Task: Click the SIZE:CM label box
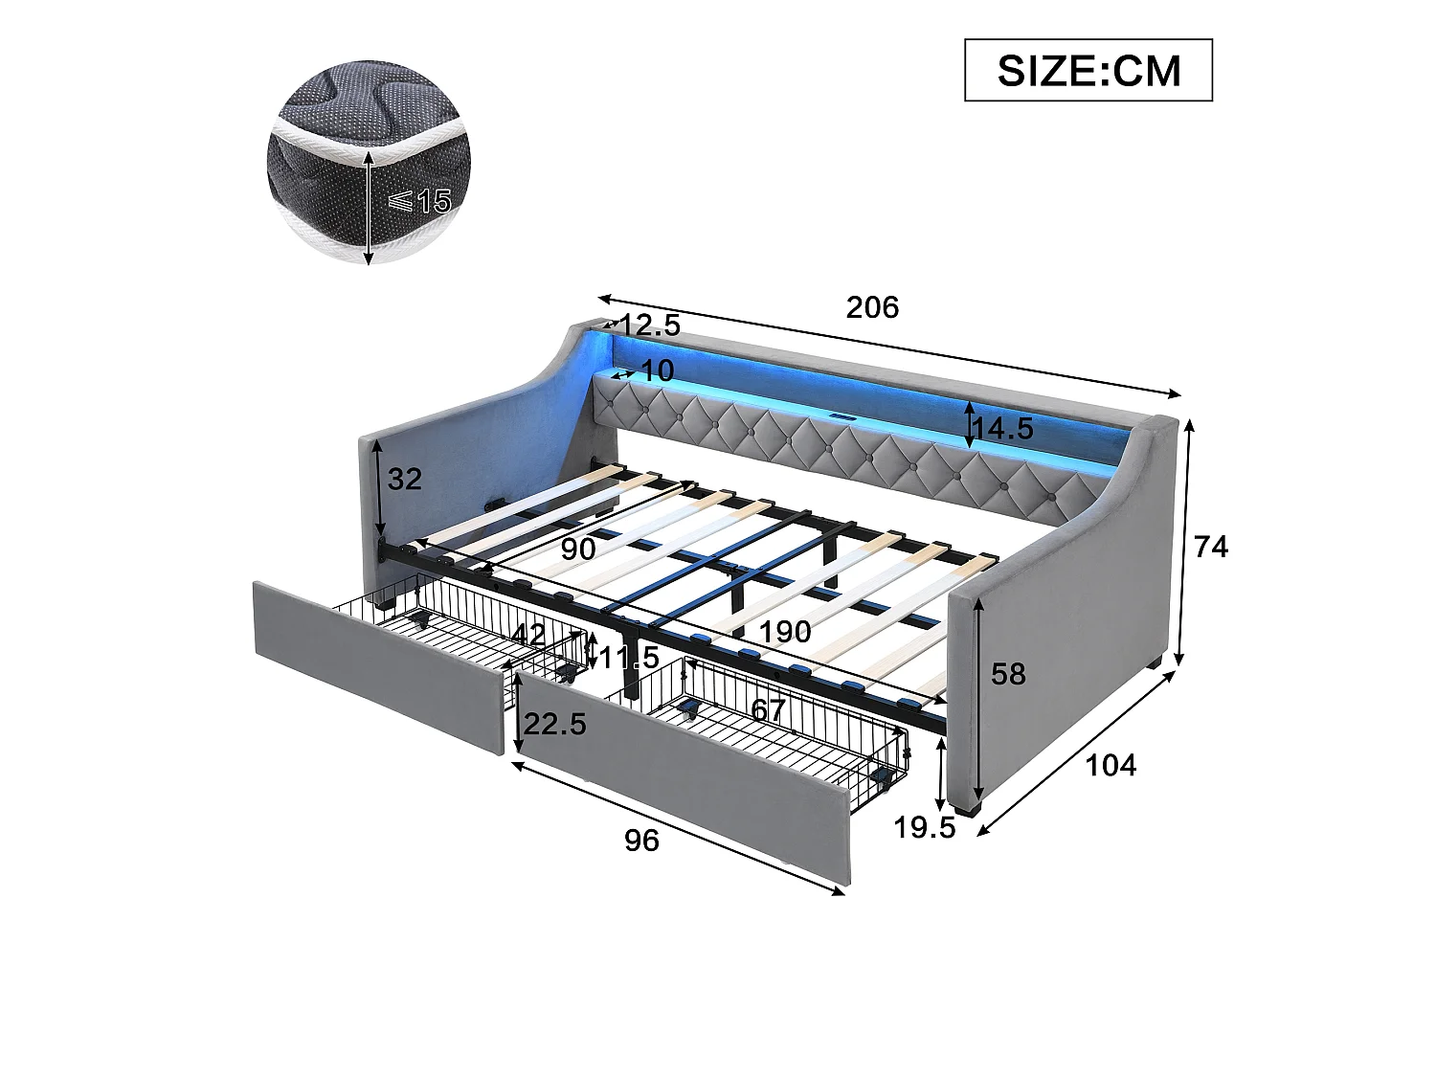1088,70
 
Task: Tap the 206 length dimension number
872,307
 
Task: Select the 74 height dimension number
1211,547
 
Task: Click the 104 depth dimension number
1111,765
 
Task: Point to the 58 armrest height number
1008,674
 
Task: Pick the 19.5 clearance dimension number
924,828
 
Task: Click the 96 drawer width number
641,841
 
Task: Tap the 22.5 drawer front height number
554,724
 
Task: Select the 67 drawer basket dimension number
768,710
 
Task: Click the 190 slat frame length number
784,632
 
